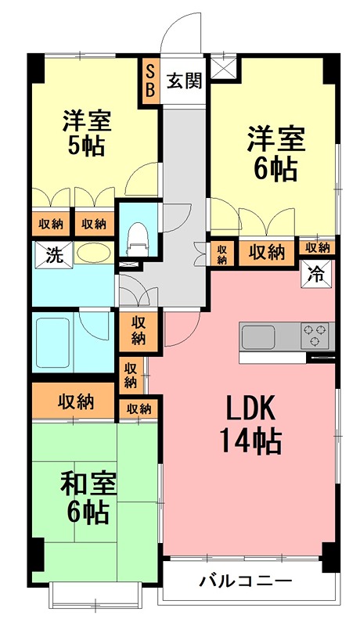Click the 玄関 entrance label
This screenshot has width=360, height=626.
point(185,81)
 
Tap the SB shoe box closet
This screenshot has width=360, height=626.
point(150,82)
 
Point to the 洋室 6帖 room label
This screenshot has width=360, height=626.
point(275,154)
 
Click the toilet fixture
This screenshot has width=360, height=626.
point(136,239)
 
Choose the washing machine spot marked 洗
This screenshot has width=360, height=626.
point(53,254)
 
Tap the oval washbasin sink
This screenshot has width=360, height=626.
point(93,253)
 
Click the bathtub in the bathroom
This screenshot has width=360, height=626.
point(53,343)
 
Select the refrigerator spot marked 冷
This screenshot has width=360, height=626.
point(316,273)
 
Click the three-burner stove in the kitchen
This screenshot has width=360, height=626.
point(315,335)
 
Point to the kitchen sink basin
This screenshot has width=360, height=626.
point(257,336)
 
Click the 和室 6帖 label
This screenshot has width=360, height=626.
point(88,498)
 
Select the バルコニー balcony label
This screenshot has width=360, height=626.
point(246,581)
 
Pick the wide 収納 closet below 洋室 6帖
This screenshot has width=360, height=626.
point(268,252)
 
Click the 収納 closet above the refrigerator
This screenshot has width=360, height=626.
point(318,247)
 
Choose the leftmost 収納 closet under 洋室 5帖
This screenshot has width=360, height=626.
point(51,223)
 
